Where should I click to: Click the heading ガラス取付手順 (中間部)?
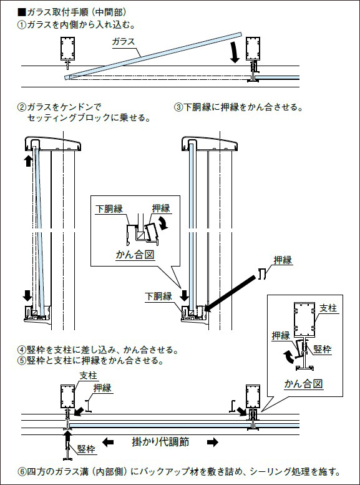(76, 12)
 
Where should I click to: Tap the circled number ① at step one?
(22, 25)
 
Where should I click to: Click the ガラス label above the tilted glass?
(124, 42)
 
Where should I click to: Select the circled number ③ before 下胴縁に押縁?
(178, 107)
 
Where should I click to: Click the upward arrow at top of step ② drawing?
(28, 161)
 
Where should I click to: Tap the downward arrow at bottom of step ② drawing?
(27, 295)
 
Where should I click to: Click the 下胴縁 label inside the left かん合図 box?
(109, 208)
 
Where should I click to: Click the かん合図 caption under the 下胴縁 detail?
(135, 255)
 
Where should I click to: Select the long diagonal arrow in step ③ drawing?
(231, 293)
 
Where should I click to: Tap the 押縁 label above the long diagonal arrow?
(283, 260)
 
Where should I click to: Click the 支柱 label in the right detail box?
(328, 308)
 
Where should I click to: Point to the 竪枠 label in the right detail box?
(323, 350)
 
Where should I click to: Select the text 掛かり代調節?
(160, 442)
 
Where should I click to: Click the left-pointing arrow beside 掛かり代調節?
(108, 442)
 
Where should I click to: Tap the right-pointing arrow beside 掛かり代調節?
(213, 442)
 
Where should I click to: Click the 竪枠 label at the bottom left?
(86, 449)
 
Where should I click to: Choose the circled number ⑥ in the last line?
(22, 472)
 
